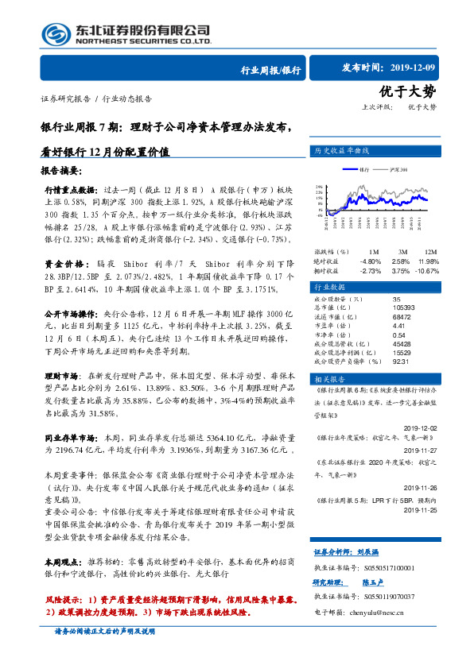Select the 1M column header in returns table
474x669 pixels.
[373, 251]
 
